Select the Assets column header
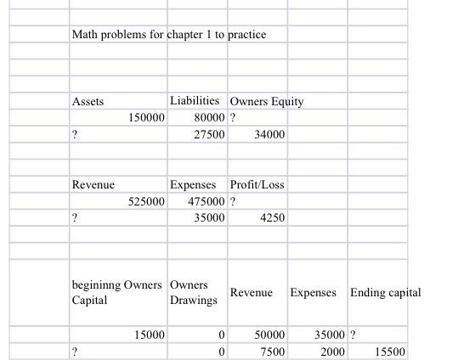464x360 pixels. click(x=88, y=101)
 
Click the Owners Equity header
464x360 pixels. click(x=266, y=101)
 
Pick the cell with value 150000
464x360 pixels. click(x=146, y=118)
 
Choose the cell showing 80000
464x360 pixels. click(x=209, y=118)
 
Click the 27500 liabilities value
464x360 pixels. click(x=209, y=135)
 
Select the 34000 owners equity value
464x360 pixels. click(x=269, y=135)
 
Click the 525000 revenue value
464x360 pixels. click(x=146, y=201)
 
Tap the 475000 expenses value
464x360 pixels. click(x=207, y=201)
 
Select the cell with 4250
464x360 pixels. click(x=272, y=218)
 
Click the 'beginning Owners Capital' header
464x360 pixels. click(x=116, y=292)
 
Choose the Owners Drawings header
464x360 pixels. click(x=194, y=292)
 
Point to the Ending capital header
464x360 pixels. click(x=385, y=293)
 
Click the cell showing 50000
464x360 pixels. click(x=270, y=335)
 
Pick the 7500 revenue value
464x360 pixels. click(x=273, y=352)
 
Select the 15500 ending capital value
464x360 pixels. click(x=390, y=352)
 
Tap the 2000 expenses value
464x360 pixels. click(x=332, y=352)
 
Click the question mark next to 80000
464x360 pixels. click(x=233, y=118)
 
